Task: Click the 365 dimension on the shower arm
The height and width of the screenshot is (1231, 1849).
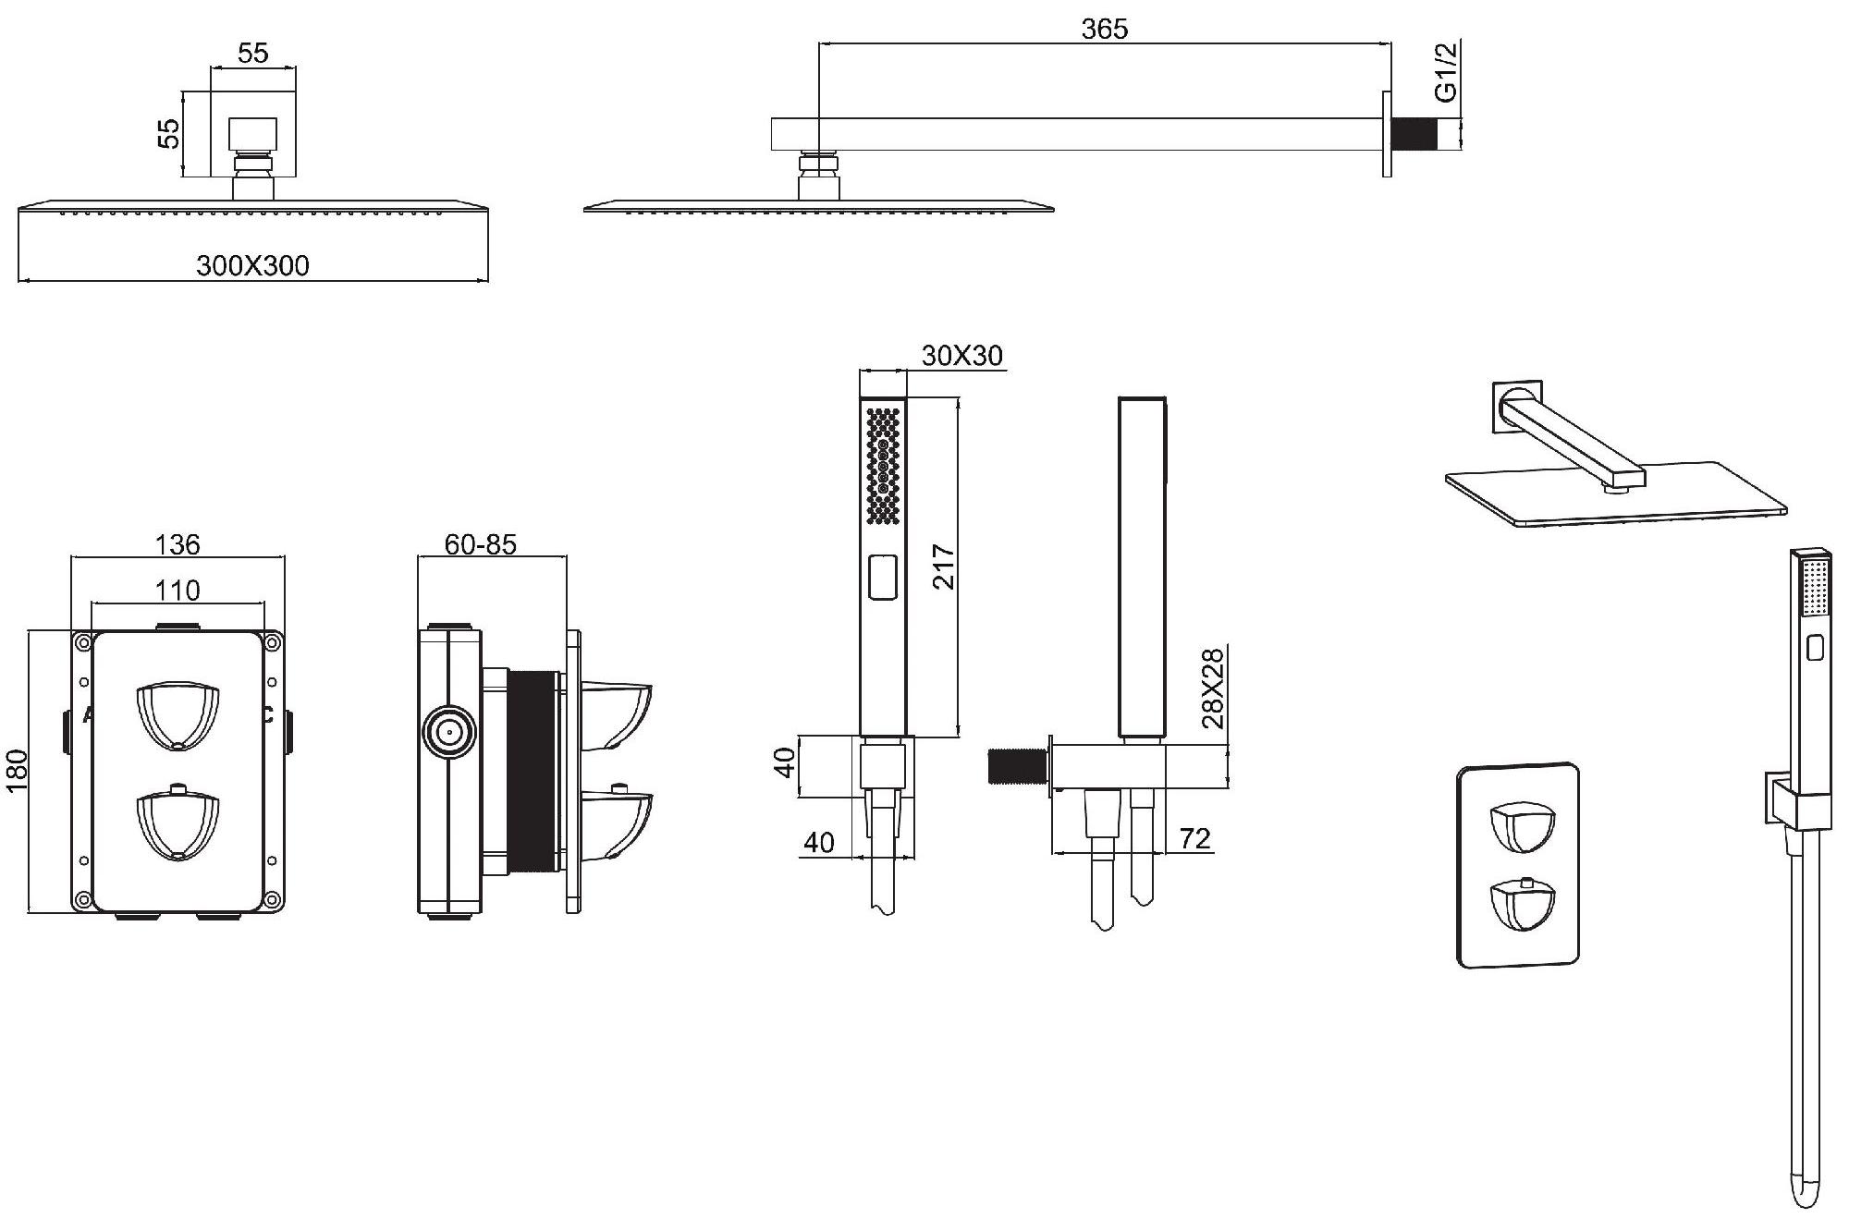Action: [1105, 30]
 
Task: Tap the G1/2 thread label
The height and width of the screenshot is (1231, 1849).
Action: [1445, 72]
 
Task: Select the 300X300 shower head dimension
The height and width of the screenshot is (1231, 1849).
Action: [252, 266]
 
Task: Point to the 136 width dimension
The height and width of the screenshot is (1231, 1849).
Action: [178, 544]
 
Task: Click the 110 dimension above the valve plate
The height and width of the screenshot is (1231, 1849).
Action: [178, 590]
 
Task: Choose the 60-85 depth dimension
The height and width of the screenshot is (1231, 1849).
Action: [480, 544]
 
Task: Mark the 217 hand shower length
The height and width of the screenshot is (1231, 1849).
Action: [943, 567]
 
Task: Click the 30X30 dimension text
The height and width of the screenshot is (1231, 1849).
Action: [962, 356]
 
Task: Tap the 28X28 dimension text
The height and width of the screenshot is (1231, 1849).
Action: [1214, 689]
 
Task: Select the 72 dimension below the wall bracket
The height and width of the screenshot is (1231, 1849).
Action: [1194, 838]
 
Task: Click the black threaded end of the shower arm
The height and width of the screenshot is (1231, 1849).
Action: [1415, 133]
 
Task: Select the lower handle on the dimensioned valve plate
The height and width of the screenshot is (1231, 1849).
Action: [178, 822]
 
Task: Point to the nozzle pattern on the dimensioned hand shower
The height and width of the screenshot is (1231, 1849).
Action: [884, 466]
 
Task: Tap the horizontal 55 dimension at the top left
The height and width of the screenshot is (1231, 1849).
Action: [252, 54]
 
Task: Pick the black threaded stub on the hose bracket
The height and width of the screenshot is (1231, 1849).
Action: [1016, 766]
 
